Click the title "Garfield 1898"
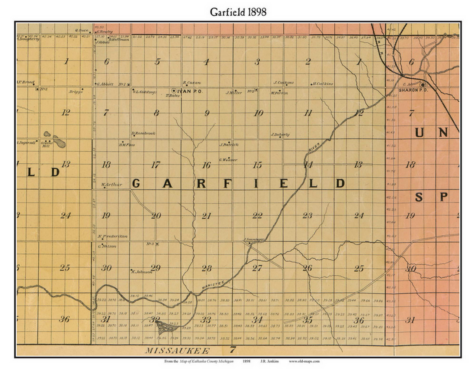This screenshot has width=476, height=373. [238, 12]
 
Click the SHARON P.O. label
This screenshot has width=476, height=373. [411, 90]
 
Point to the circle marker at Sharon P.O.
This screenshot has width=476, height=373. [422, 85]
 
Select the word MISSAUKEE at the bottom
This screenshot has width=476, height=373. [177, 351]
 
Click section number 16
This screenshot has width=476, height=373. [206, 165]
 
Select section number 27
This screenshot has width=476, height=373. [257, 268]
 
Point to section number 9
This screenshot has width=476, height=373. [207, 113]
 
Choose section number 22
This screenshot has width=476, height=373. [257, 216]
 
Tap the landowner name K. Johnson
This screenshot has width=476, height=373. [142, 272]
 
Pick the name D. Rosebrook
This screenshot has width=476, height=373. [144, 133]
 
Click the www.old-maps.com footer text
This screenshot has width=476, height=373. [304, 361]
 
